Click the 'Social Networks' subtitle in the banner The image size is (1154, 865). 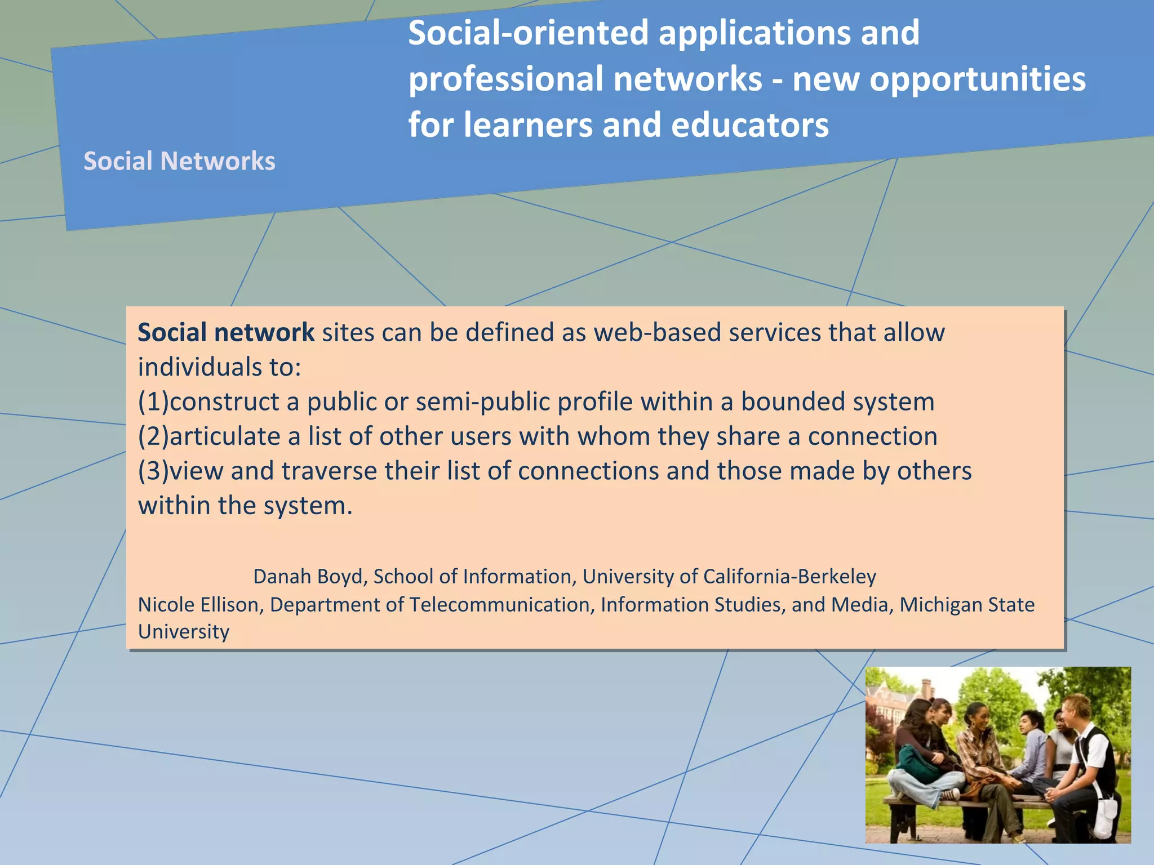[179, 161]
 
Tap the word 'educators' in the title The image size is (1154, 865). [750, 124]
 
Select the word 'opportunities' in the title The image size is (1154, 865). [977, 79]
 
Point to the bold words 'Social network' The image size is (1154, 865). [225, 332]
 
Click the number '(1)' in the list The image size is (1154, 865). [153, 402]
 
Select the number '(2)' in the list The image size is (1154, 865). [153, 436]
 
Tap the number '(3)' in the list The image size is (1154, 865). [153, 471]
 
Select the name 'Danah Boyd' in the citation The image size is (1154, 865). [310, 576]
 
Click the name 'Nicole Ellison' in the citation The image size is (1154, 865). [200, 604]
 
